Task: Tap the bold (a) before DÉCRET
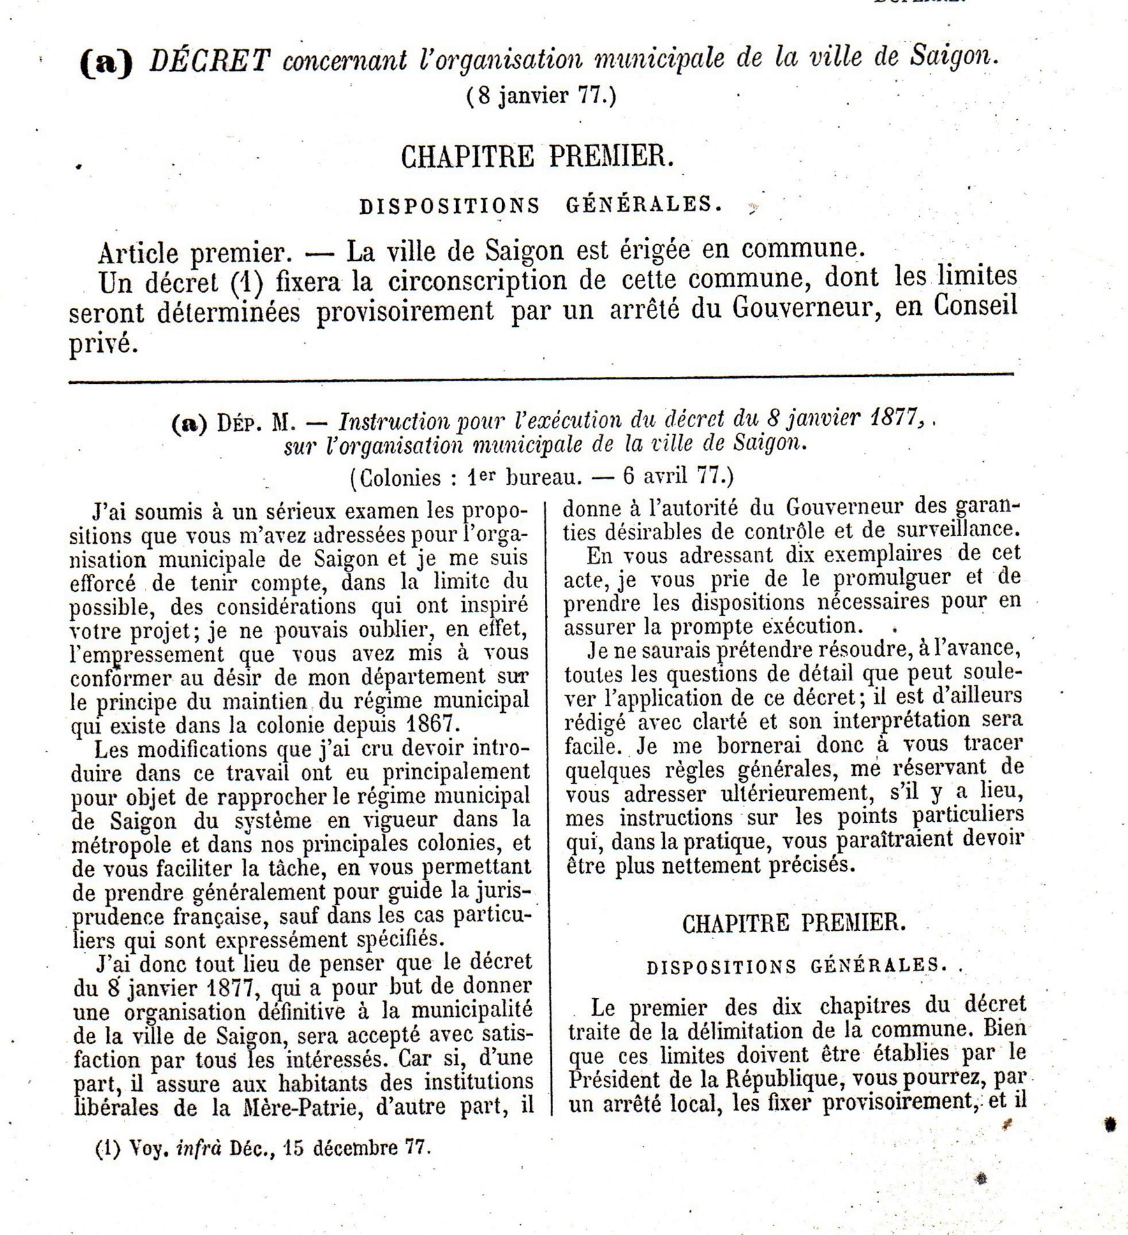click(106, 64)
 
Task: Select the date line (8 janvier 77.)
click(542, 97)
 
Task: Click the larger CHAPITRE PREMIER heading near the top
click(537, 157)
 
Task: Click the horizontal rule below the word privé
click(541, 381)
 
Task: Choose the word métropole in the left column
click(121, 845)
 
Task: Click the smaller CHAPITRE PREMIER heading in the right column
click(794, 923)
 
